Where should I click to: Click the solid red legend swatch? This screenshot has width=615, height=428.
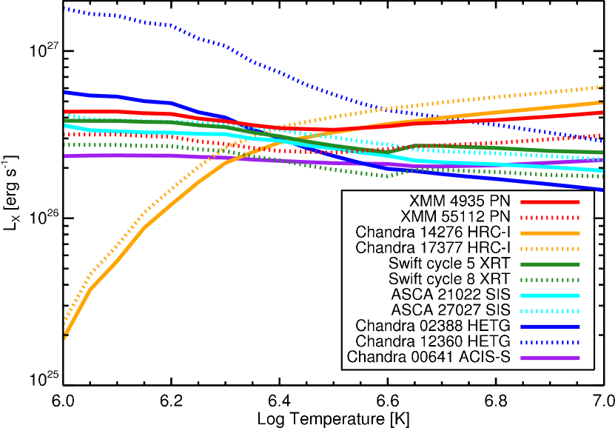tap(550, 202)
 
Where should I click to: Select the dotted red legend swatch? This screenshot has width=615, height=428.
tap(550, 218)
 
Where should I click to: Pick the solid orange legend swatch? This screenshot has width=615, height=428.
tap(550, 233)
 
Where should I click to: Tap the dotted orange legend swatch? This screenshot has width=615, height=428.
tap(550, 249)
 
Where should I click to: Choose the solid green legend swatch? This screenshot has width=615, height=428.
tap(550, 264)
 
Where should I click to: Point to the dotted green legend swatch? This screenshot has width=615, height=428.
tap(550, 280)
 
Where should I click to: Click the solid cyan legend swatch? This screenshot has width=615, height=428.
tap(550, 295)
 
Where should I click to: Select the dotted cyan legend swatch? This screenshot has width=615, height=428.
tap(550, 311)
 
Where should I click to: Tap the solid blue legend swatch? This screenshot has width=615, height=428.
tap(550, 327)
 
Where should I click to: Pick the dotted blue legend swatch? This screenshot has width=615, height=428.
tap(550, 343)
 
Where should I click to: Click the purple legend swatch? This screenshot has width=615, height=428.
tap(550, 358)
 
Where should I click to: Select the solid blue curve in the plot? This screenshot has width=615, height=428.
tap(518, 181)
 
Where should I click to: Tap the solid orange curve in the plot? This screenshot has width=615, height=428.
tap(118, 259)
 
